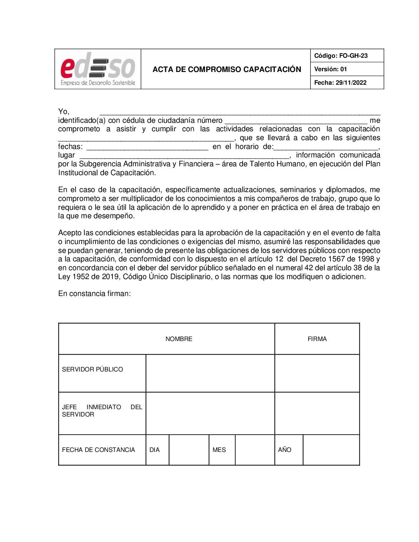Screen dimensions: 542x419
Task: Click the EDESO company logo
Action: (98, 69)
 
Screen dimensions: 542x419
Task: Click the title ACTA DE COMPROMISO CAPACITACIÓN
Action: (227, 69)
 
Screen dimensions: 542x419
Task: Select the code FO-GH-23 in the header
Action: (353, 56)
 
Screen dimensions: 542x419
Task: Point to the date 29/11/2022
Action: (351, 83)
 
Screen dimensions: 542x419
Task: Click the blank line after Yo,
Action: (240, 112)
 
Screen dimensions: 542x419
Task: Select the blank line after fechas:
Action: (147, 147)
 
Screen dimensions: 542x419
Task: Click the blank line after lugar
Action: (184, 156)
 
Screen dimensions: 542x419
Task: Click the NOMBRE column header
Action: (179, 339)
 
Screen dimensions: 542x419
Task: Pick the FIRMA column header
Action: (317, 339)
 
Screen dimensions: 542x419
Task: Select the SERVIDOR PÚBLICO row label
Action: (92, 370)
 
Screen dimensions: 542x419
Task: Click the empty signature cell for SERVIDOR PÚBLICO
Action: (317, 373)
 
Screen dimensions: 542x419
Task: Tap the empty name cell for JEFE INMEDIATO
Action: (210, 413)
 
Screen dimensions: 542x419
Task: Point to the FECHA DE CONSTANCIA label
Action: (99, 450)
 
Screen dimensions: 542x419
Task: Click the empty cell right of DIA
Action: (189, 450)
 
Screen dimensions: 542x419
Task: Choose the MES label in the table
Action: (219, 450)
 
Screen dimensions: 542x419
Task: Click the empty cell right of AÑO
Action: (331, 450)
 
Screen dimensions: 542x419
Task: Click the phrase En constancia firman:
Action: (94, 294)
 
